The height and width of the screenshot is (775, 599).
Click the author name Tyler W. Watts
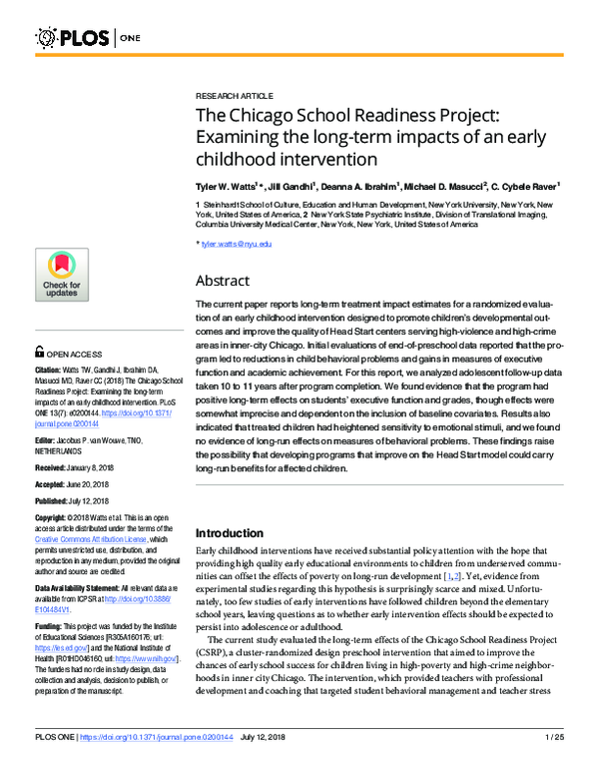pos(228,186)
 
